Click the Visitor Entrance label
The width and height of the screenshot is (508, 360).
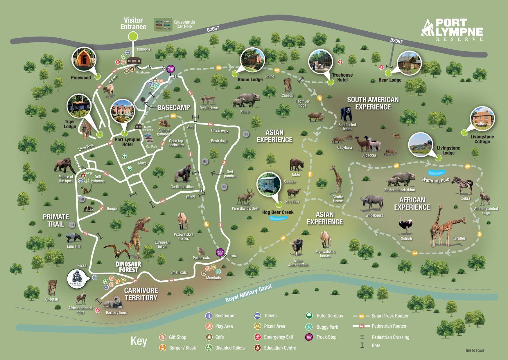[133, 24]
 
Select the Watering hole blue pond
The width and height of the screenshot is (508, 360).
[436, 173]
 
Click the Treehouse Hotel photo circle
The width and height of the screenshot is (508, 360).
[320, 62]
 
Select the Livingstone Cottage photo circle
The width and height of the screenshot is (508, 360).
[482, 118]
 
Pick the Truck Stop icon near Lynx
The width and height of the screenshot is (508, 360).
[220, 252]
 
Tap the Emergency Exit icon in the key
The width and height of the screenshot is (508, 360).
[257, 337]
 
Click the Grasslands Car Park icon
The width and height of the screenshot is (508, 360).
[163, 25]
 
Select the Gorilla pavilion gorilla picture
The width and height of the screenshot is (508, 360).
[183, 174]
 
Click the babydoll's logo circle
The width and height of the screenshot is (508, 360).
[77, 279]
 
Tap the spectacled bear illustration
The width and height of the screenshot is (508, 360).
[346, 114]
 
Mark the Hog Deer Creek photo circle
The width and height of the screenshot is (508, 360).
[269, 184]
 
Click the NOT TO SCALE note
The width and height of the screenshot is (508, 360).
[475, 350]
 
